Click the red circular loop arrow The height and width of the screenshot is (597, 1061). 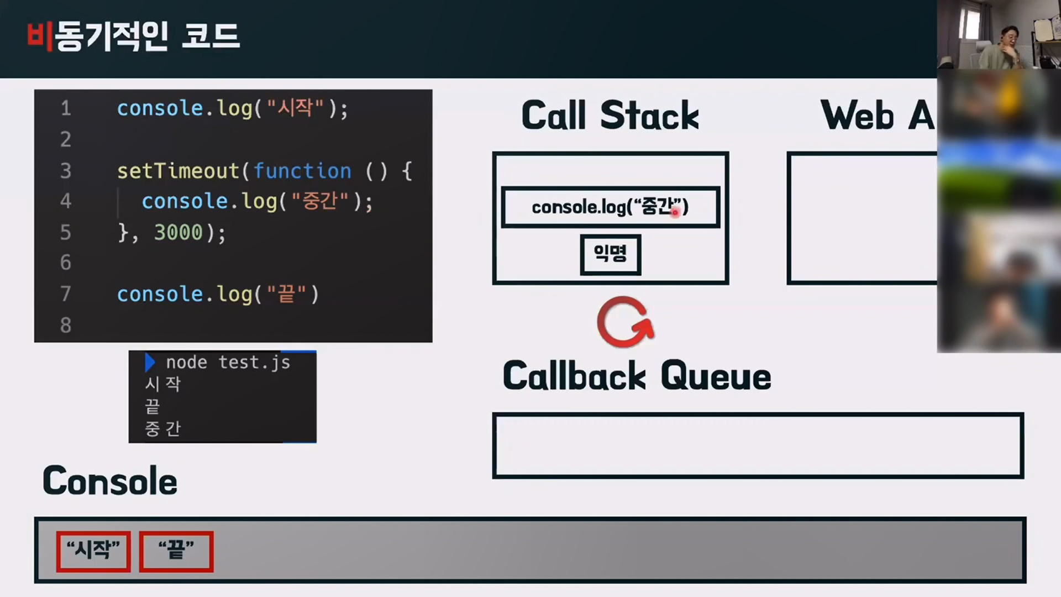pos(625,322)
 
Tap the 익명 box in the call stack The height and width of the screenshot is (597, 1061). pos(610,254)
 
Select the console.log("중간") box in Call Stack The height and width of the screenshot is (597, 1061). pos(610,207)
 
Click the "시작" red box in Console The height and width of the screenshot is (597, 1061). pos(93,551)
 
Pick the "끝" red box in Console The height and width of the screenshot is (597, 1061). pos(176,551)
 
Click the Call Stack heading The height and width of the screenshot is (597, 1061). pos(610,116)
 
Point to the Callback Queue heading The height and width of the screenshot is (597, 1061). pos(637,376)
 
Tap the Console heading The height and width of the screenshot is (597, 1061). pos(110,481)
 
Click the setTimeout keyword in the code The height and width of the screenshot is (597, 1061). pos(178,171)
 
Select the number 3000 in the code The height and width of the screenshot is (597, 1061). pos(178,232)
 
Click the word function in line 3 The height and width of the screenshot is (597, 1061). pos(302,171)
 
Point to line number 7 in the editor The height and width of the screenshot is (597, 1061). pos(66,294)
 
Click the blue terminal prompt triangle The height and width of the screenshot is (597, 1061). pos(149,363)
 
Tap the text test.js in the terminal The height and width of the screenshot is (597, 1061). pos(254,363)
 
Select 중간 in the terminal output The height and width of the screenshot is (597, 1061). pos(162,428)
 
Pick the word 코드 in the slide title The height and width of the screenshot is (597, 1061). pos(211,36)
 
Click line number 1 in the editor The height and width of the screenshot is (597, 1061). pos(66,108)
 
